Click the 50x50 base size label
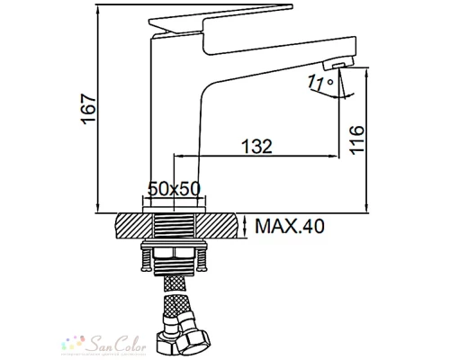[173, 189]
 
